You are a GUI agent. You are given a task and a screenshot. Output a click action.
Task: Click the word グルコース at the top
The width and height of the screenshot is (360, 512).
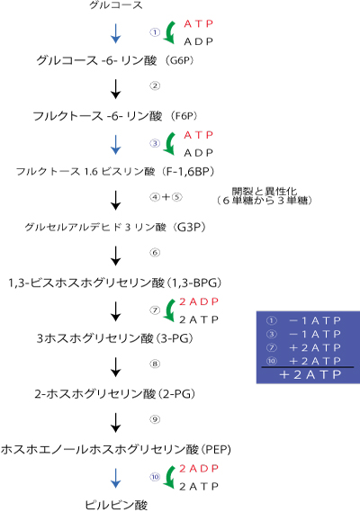click(115, 7)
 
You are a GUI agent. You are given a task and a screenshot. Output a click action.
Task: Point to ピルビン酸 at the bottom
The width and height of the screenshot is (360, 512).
click(116, 504)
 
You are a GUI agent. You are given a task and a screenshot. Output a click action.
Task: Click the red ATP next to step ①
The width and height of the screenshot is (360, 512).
click(199, 23)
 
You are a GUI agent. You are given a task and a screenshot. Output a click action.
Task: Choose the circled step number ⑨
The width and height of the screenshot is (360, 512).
click(155, 419)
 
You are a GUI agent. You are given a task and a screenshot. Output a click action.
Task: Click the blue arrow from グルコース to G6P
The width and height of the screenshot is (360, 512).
click(115, 33)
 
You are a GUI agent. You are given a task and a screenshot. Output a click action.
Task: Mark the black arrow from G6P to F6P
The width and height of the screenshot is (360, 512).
click(115, 87)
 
